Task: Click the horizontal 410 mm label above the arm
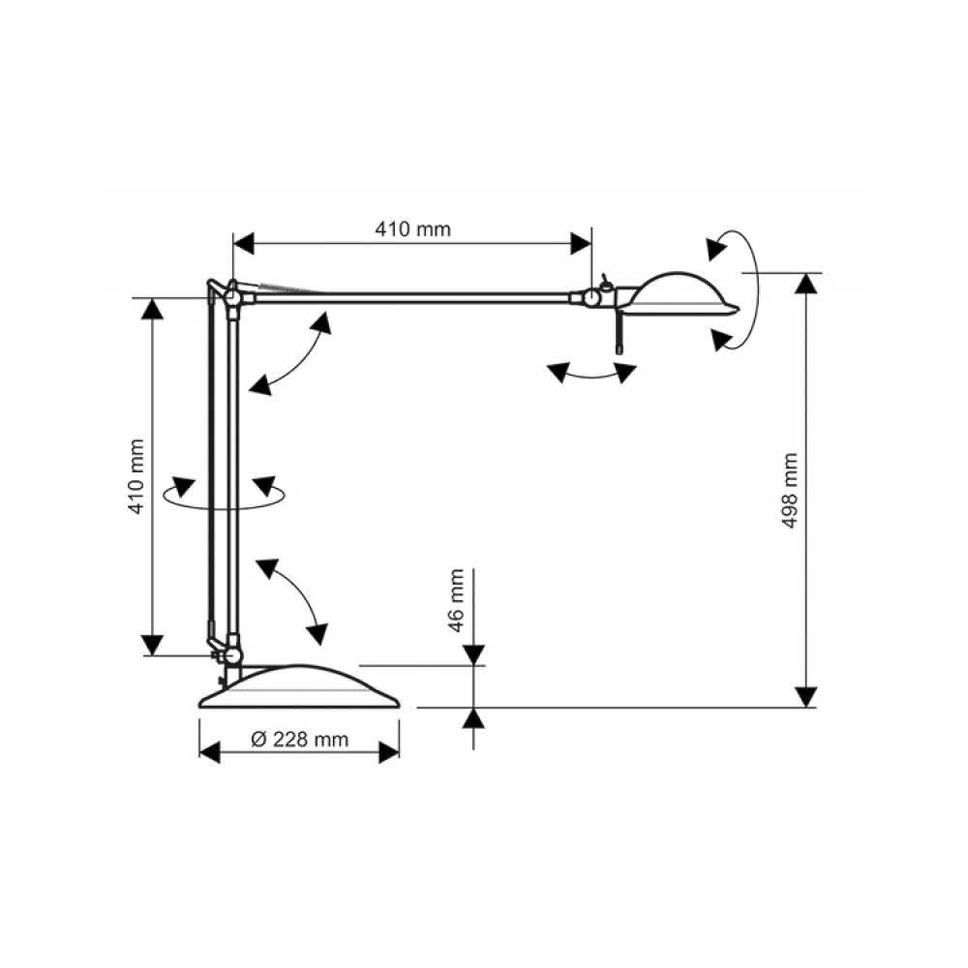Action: pos(412,229)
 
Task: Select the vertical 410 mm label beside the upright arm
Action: pos(136,476)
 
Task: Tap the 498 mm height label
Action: pos(790,491)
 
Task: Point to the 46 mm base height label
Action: pos(456,600)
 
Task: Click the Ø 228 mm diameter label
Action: pos(300,739)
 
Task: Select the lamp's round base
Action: pos(299,686)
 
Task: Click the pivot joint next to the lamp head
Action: pos(591,298)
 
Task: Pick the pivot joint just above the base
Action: pos(232,655)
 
